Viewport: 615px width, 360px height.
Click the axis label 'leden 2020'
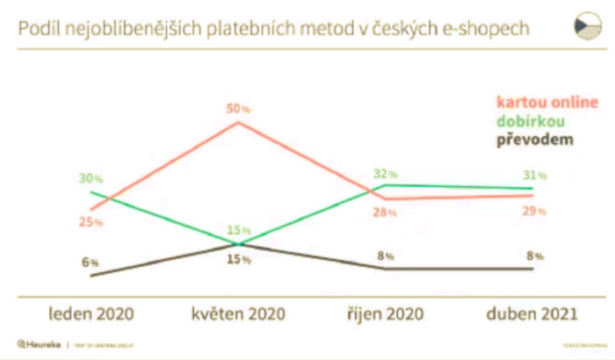click(x=91, y=313)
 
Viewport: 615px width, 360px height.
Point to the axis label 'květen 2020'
click(x=238, y=313)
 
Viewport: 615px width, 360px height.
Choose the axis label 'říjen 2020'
click(x=383, y=313)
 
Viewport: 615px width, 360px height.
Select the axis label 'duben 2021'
click(x=532, y=313)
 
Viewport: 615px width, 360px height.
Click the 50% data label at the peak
click(x=237, y=108)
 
